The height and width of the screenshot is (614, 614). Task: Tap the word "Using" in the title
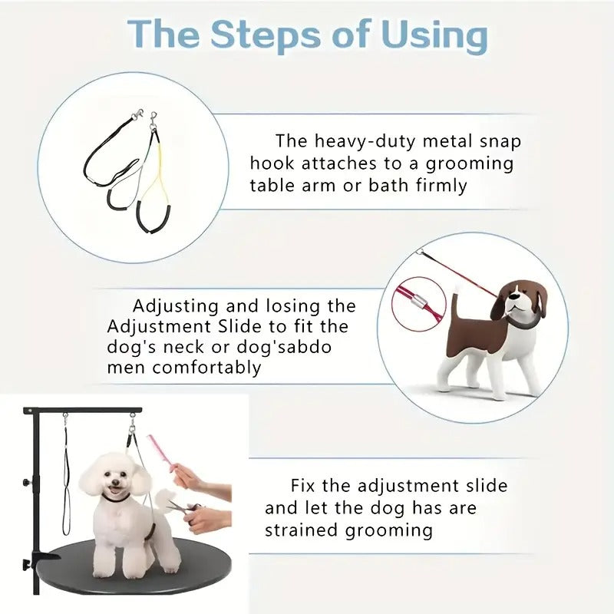pyautogui.click(x=420, y=35)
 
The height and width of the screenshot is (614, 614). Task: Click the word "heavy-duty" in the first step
pyautogui.click(x=361, y=141)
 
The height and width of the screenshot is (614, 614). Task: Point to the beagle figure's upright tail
pyautogui.click(x=455, y=302)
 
